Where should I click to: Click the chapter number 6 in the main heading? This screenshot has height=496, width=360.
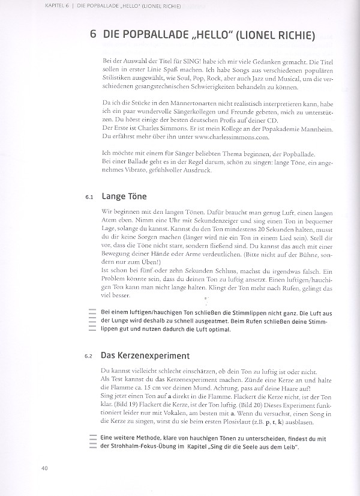93,35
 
